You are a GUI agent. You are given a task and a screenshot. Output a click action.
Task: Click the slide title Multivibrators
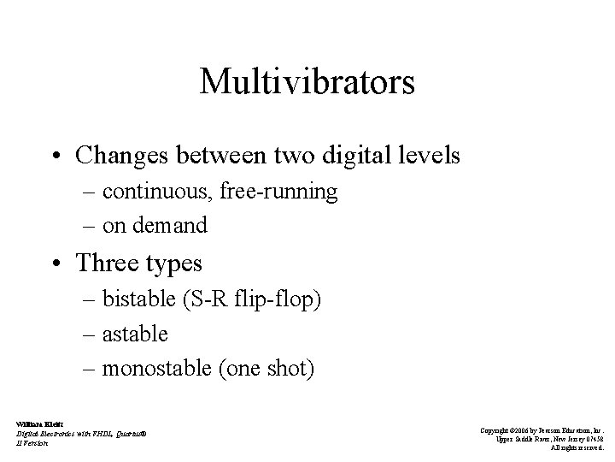click(307, 82)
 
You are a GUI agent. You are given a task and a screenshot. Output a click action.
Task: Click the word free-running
click(278, 191)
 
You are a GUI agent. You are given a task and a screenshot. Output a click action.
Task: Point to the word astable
click(135, 334)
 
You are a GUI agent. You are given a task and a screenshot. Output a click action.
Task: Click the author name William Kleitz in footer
click(36, 423)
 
